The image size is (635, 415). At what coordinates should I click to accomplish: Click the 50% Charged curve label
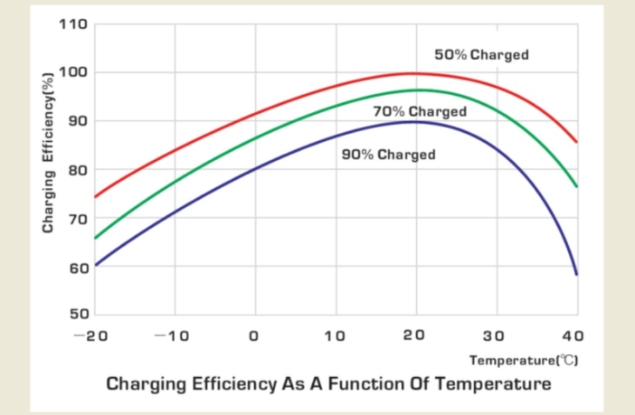481,55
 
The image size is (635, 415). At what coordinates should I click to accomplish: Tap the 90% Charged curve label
388,155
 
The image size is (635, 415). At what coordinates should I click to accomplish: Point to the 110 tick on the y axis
73,24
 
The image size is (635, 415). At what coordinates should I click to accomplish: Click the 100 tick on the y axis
73,72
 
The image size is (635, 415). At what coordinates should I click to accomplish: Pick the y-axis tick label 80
78,170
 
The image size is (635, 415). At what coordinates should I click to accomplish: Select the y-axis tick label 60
78,268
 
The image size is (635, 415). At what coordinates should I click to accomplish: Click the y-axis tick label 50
78,315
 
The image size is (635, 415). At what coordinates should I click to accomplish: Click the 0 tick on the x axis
255,336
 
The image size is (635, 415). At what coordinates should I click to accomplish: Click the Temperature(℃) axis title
523,360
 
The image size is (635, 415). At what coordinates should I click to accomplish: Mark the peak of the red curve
414,73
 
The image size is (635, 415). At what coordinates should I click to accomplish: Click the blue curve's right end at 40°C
576,273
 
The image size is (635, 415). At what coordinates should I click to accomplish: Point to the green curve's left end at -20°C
95,238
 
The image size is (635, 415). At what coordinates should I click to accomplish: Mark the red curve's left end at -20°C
95,196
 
